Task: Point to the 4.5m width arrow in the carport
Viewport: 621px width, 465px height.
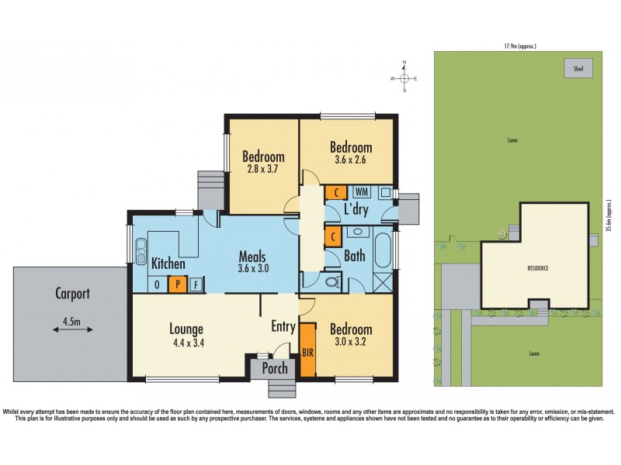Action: [x=68, y=329]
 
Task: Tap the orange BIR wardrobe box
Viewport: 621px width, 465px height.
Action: [x=307, y=350]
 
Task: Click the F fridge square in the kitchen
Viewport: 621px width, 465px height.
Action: [x=195, y=284]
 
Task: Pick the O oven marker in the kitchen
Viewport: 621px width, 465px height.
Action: [x=158, y=284]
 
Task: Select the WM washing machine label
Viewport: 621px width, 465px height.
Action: [x=361, y=191]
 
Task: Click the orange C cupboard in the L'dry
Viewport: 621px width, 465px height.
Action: [x=335, y=193]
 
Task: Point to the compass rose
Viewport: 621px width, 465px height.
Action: [x=404, y=78]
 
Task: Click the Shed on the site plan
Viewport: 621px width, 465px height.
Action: [x=578, y=69]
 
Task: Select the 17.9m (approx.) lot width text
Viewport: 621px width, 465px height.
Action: [x=519, y=46]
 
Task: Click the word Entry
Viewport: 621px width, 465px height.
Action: [x=283, y=327]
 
